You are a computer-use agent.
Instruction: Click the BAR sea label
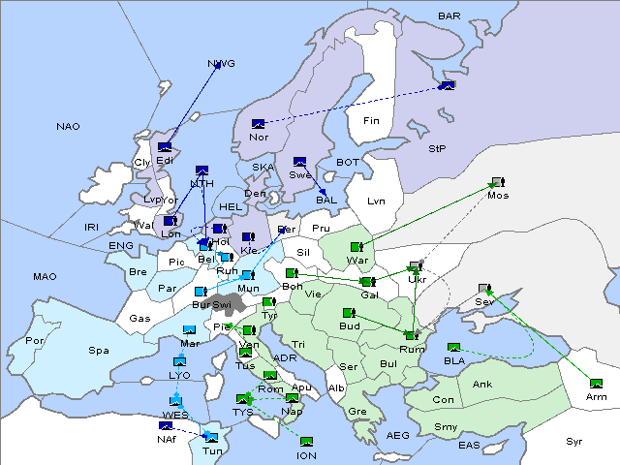pyautogui.click(x=449, y=16)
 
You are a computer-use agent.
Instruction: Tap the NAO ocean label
pyautogui.click(x=69, y=127)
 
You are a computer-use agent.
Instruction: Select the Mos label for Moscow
pyautogui.click(x=498, y=196)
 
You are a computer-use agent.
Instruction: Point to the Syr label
pyautogui.click(x=574, y=441)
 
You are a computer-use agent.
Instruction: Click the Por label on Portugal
pyautogui.click(x=35, y=341)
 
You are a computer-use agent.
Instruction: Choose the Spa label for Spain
pyautogui.click(x=98, y=351)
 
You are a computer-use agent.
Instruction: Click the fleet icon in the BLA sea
pyautogui.click(x=453, y=348)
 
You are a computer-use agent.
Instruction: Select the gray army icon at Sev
pyautogui.click(x=484, y=289)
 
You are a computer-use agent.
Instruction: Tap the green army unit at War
pyautogui.click(x=356, y=247)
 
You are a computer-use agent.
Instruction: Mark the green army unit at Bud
pyautogui.click(x=349, y=313)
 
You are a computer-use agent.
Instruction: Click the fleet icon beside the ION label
pyautogui.click(x=306, y=442)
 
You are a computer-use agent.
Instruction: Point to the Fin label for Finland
pyautogui.click(x=370, y=121)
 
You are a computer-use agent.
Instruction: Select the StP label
pyautogui.click(x=437, y=149)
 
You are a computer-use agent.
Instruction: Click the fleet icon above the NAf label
pyautogui.click(x=166, y=425)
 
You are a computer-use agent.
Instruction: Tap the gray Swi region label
pyautogui.click(x=222, y=304)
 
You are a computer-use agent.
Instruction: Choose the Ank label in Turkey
pyautogui.click(x=481, y=385)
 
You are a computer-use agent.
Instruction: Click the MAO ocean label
pyautogui.click(x=45, y=277)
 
